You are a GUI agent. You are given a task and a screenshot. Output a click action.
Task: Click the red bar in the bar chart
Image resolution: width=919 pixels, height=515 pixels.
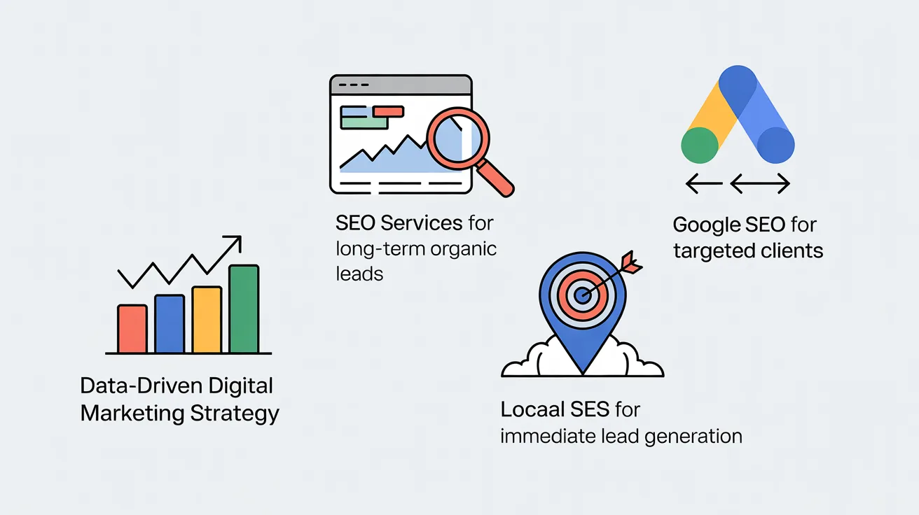pyautogui.click(x=132, y=329)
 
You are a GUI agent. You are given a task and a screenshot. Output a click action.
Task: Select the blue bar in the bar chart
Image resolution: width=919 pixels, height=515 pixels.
pyautogui.click(x=170, y=324)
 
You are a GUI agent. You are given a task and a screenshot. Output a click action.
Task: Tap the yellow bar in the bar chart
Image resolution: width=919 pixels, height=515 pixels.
pyautogui.click(x=207, y=320)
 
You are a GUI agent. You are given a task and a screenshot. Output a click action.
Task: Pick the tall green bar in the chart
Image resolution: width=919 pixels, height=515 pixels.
pyautogui.click(x=244, y=309)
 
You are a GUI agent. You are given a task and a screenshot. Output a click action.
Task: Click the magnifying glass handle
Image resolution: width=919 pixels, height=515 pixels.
pyautogui.click(x=496, y=178)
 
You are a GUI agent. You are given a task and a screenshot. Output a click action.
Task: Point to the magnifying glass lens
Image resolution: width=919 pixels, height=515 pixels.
pyautogui.click(x=458, y=138)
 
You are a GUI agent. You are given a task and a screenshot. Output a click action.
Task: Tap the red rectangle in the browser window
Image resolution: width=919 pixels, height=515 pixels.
pyautogui.click(x=388, y=111)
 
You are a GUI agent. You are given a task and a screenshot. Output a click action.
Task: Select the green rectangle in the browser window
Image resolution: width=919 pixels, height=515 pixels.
pyautogui.click(x=364, y=123)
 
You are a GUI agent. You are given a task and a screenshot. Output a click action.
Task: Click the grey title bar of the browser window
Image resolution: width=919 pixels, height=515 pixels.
pyautogui.click(x=401, y=85)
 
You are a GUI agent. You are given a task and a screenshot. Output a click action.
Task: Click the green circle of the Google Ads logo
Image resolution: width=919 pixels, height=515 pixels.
pyautogui.click(x=700, y=145)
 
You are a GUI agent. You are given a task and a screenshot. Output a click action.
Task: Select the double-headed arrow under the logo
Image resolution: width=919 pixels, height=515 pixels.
pyautogui.click(x=760, y=183)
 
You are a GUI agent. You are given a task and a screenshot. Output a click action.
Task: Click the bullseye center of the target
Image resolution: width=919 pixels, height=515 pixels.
pyautogui.click(x=582, y=295)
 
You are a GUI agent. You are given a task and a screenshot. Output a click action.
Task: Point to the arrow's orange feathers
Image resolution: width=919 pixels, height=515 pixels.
pyautogui.click(x=631, y=262)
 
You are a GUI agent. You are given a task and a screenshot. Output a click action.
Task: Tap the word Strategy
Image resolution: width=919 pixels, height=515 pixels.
pyautogui.click(x=235, y=414)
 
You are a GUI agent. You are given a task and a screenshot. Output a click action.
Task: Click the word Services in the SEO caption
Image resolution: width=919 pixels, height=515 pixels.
pyautogui.click(x=422, y=223)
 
